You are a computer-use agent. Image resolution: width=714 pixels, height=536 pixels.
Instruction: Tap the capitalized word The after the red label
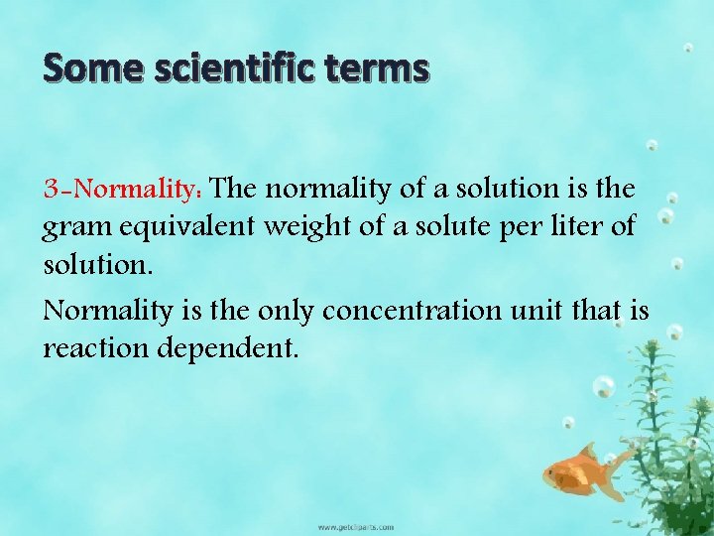tap(236, 188)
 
